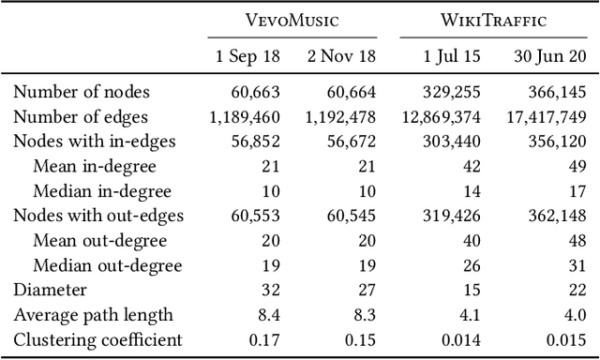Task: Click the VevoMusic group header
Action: tap(291, 20)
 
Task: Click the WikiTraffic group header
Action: tap(493, 20)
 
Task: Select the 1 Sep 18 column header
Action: tap(247, 54)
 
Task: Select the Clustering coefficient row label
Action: tap(97, 339)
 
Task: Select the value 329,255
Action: tap(454, 92)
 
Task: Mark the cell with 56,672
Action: tap(351, 142)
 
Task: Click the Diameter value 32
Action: tap(267, 291)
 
